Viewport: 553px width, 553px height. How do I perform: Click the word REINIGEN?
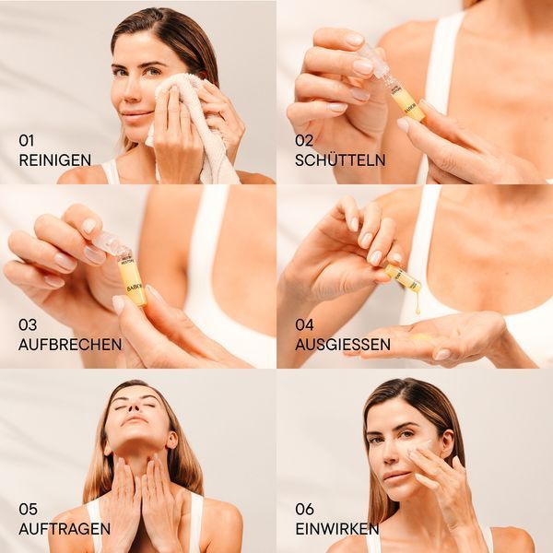55,160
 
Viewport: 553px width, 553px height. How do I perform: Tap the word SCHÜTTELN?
340,160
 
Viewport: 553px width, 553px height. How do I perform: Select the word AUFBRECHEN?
70,345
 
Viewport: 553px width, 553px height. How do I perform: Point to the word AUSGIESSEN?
343,345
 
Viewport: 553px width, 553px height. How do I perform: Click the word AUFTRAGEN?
65,529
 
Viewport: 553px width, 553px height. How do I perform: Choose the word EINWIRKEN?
337,529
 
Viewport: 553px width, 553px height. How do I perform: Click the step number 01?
27,141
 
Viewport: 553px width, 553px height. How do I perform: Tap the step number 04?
304,324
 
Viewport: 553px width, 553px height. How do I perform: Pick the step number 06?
304,510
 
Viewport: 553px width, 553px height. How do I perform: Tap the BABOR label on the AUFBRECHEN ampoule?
135,288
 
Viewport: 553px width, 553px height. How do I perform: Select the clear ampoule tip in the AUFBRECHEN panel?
107,241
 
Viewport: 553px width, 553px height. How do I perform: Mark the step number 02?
304,141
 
